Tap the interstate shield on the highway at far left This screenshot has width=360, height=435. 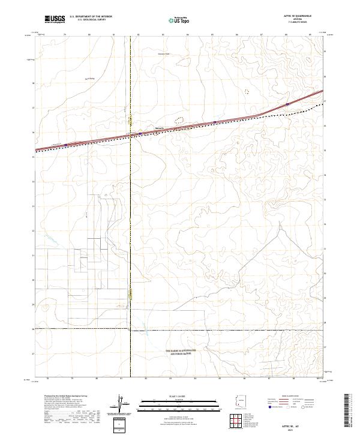(x=66, y=145)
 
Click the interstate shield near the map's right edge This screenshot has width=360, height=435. (x=288, y=104)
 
